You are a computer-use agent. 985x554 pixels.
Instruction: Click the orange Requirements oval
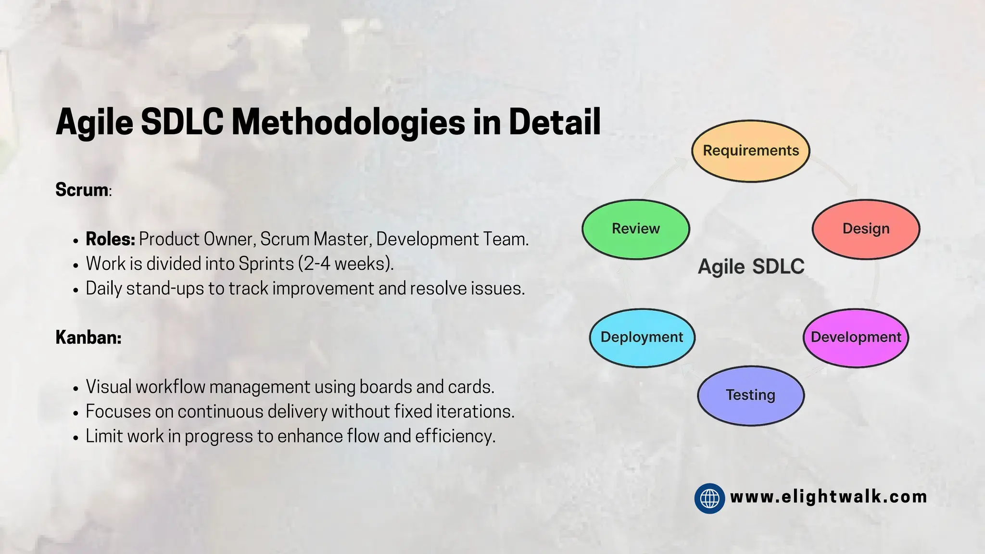coord(750,151)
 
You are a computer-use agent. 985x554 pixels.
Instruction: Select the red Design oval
coord(866,229)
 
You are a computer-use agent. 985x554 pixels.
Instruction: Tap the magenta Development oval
coord(856,338)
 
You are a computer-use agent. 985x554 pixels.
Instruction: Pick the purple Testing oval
coord(750,395)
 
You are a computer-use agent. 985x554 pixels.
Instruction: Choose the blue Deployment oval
coord(642,338)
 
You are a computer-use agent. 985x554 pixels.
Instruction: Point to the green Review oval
coord(636,229)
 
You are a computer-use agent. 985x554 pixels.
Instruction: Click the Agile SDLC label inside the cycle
coord(751,267)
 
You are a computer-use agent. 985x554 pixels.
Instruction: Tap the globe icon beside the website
coord(709,498)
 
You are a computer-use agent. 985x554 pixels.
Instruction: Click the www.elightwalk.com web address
coord(828,497)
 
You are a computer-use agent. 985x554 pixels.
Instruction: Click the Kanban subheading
coord(88,338)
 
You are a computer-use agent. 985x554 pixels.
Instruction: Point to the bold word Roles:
coord(110,239)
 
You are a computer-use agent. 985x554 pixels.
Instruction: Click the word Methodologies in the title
coord(348,122)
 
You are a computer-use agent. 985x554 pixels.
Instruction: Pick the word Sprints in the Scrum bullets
coord(266,264)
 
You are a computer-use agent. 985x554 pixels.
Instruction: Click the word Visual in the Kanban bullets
coord(109,387)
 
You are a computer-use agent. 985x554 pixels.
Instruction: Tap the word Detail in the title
coord(555,122)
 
